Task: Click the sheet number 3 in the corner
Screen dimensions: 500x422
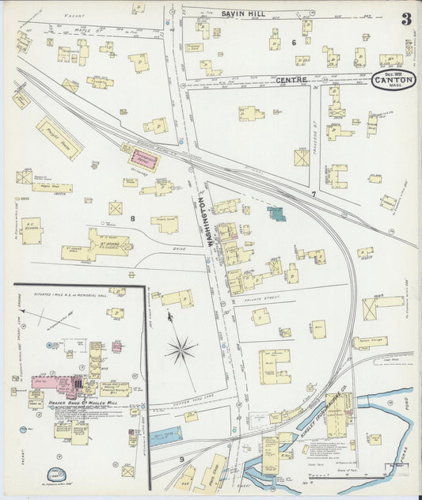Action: coord(405,19)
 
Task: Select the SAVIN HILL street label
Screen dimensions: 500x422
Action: coord(243,13)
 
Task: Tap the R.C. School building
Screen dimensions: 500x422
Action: coord(32,230)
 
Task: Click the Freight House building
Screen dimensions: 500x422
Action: coord(59,138)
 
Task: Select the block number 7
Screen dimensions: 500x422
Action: coord(313,194)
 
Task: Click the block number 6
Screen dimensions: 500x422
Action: coord(292,43)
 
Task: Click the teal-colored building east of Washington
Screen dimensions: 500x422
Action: coord(276,213)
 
